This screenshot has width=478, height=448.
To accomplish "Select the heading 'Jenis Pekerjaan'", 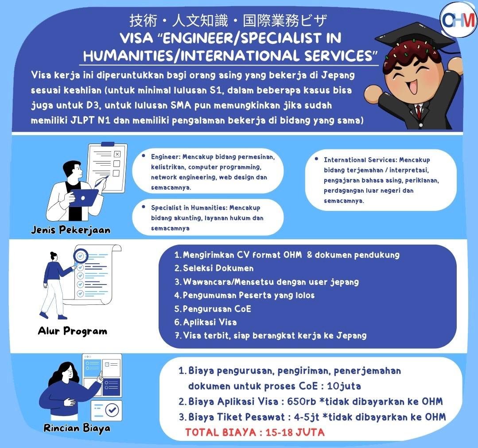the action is click(71, 230).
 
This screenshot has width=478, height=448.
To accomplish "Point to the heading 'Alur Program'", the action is click(73, 331).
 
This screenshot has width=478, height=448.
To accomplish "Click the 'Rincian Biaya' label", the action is click(77, 428).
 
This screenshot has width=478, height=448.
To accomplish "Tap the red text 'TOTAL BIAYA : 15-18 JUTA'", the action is click(255, 432).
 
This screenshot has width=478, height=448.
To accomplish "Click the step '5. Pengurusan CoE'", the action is click(213, 308).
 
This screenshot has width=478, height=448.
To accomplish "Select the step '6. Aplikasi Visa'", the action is click(206, 322).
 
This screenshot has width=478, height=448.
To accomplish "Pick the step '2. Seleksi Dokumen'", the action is click(214, 268).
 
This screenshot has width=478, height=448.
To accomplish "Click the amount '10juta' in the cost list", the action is click(344, 386).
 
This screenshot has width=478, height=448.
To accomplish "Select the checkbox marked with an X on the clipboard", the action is click(117, 154).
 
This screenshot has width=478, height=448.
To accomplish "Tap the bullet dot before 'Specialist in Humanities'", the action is click(144, 207).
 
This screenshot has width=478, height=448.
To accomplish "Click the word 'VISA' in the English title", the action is click(136, 38).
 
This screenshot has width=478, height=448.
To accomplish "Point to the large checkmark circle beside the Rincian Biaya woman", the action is click(112, 410).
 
